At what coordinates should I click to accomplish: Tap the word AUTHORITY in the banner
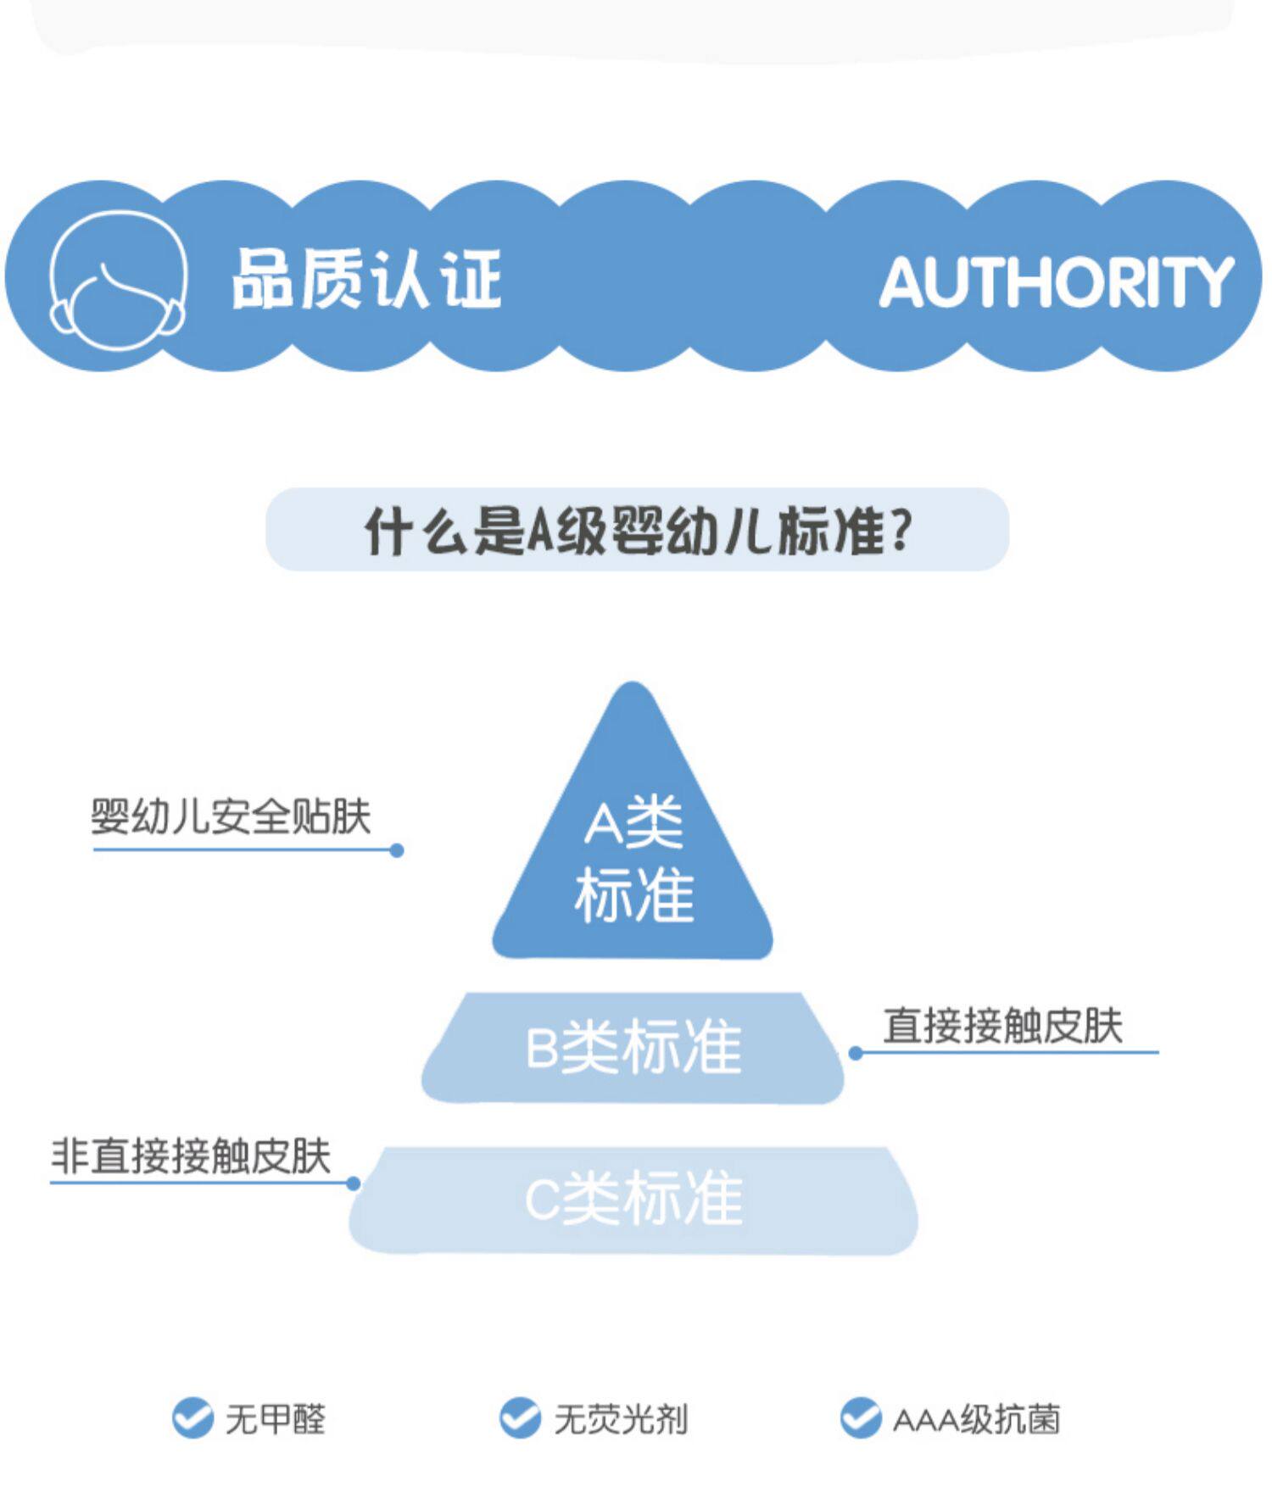tap(1056, 281)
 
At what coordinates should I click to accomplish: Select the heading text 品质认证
tap(366, 279)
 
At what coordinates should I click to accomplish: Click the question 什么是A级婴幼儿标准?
tap(638, 531)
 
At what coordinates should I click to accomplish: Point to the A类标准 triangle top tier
tap(633, 856)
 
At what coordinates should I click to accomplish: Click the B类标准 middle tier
tap(633, 1047)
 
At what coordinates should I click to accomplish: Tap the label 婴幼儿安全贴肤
tap(231, 816)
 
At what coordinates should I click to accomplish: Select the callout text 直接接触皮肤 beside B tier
tap(1002, 1026)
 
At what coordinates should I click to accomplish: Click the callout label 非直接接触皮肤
tap(191, 1155)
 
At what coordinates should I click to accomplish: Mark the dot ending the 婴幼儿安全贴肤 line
tap(396, 850)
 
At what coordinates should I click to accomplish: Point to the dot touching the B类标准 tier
tap(856, 1053)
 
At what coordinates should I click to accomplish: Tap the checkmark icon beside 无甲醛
tap(192, 1417)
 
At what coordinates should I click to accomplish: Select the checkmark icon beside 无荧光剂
tap(520, 1417)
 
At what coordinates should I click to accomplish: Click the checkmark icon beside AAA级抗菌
tap(861, 1417)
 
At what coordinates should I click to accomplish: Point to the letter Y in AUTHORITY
tap(1211, 281)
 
